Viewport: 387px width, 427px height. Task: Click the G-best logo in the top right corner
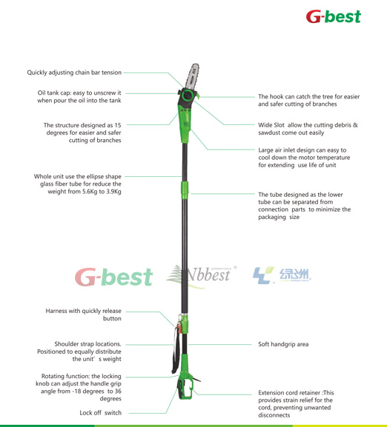pos(334,16)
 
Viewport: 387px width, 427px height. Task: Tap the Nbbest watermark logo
pos(201,275)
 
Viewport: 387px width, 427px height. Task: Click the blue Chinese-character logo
pos(282,275)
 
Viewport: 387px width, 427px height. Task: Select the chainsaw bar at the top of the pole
pos(192,76)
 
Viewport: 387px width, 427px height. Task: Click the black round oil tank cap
pos(188,96)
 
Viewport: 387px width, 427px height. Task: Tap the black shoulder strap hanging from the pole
pos(176,349)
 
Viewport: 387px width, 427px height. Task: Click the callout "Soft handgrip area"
pos(283,344)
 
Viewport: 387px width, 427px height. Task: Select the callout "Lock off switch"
pos(100,413)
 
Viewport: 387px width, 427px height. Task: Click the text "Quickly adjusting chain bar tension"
pos(74,73)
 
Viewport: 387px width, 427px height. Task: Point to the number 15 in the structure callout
pos(118,125)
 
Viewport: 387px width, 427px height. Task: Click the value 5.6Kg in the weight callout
pos(90,192)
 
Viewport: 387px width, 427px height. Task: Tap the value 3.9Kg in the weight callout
pos(113,192)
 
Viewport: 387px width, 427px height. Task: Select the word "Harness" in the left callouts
pos(56,311)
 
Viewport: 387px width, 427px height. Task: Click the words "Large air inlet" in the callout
pos(277,150)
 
